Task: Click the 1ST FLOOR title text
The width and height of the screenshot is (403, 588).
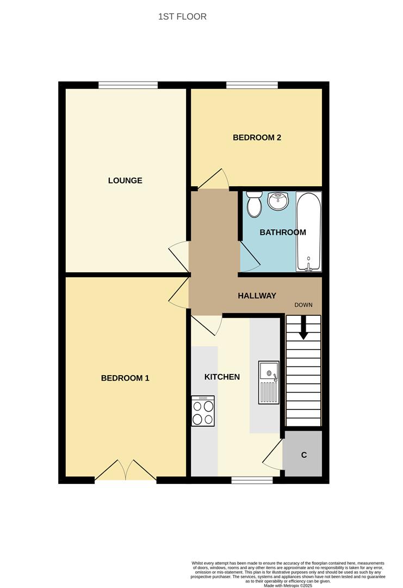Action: pyautogui.click(x=182, y=17)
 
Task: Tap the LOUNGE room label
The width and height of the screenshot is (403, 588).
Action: pyautogui.click(x=125, y=180)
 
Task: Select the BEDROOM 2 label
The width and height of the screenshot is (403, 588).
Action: pyautogui.click(x=257, y=137)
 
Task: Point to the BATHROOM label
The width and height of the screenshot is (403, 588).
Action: pyautogui.click(x=282, y=232)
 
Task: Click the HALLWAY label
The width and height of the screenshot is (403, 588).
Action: pyautogui.click(x=257, y=296)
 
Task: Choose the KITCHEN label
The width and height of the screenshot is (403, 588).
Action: pyautogui.click(x=222, y=377)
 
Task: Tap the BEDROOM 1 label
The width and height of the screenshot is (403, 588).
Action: pyautogui.click(x=125, y=378)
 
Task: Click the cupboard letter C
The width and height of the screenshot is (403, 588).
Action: pyautogui.click(x=304, y=455)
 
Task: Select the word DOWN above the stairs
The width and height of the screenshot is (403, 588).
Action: pyautogui.click(x=303, y=305)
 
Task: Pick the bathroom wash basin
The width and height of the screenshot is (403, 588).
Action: pyautogui.click(x=278, y=201)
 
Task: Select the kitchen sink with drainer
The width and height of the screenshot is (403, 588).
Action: pyautogui.click(x=269, y=383)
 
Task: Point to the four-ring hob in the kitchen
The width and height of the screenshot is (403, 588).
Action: pyautogui.click(x=203, y=411)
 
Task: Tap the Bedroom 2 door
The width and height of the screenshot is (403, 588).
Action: pyautogui.click(x=213, y=180)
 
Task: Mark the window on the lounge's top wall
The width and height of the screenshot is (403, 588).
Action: pyautogui.click(x=128, y=84)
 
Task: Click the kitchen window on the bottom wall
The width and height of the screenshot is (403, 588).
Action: pyautogui.click(x=252, y=480)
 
